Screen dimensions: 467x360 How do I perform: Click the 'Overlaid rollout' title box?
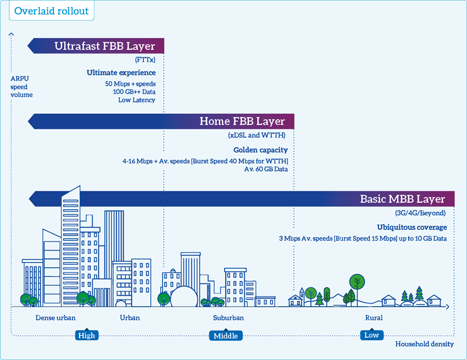pyautogui.click(x=52, y=11)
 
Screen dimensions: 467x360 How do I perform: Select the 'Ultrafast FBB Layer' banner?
pyautogui.click(x=96, y=46)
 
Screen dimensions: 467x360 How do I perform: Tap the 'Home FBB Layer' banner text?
pyautogui.click(x=242, y=121)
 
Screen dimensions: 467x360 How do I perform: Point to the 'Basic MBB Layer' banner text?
pyautogui.click(x=402, y=199)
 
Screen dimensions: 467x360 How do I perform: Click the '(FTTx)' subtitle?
pyautogui.click(x=145, y=60)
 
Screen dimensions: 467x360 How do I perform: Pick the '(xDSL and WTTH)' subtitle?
pyautogui.click(x=257, y=135)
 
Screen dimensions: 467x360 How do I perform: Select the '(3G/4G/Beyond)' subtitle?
pyautogui.click(x=420, y=213)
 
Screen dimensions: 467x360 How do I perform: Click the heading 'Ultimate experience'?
pyautogui.click(x=121, y=73)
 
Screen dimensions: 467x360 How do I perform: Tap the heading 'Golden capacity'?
pyautogui.click(x=260, y=150)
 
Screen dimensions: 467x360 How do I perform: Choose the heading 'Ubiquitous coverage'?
pyautogui.click(x=412, y=228)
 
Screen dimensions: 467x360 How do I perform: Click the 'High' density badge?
pyautogui.click(x=87, y=335)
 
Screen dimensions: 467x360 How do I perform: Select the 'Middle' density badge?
pyautogui.click(x=226, y=336)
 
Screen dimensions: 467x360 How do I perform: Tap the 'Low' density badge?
pyautogui.click(x=372, y=335)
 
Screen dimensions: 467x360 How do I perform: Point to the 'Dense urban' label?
pyautogui.click(x=55, y=318)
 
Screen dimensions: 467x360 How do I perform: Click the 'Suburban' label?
pyautogui.click(x=229, y=318)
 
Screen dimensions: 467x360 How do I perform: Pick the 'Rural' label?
pyautogui.click(x=374, y=318)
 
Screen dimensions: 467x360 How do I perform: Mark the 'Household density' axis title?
pyautogui.click(x=424, y=344)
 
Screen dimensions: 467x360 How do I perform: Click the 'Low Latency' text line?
pyautogui.click(x=137, y=100)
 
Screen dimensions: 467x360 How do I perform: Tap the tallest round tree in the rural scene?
pyautogui.click(x=357, y=281)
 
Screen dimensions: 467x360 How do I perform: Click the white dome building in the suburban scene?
pyautogui.click(x=184, y=297)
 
